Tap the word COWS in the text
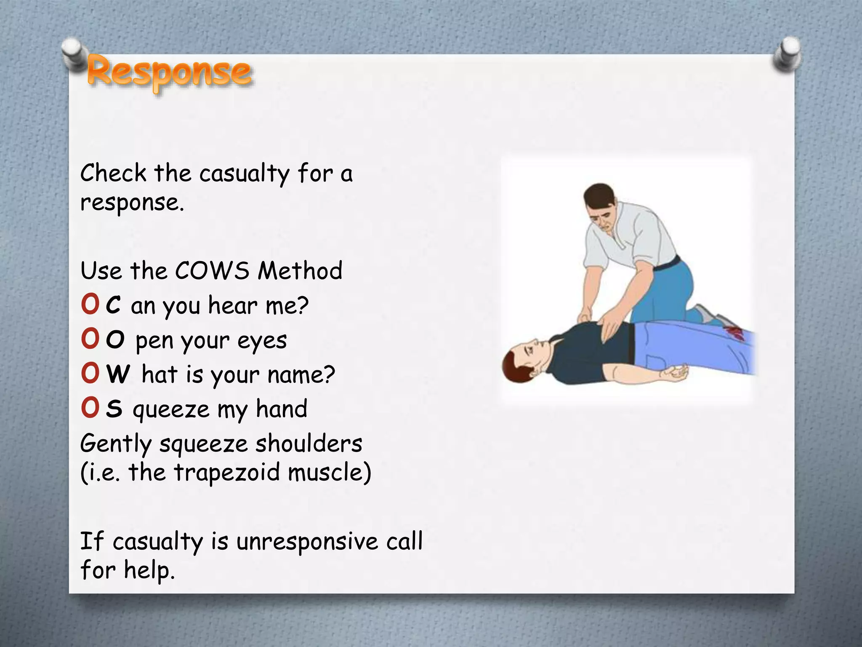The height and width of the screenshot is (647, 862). [212, 270]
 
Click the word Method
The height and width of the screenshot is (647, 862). [300, 270]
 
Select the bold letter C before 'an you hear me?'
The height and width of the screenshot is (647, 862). [113, 305]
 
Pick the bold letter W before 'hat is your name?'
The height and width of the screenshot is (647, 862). [118, 374]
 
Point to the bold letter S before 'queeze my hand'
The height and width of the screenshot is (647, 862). [114, 409]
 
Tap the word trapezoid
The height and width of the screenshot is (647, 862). [227, 472]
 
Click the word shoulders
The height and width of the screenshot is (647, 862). [309, 444]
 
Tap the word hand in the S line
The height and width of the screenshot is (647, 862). [282, 409]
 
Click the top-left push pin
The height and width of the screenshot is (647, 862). [75, 53]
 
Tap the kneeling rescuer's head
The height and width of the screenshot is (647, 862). [602, 206]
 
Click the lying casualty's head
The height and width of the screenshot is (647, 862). [524, 361]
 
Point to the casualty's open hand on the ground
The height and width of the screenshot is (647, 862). [675, 373]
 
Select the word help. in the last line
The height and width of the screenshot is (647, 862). [149, 571]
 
